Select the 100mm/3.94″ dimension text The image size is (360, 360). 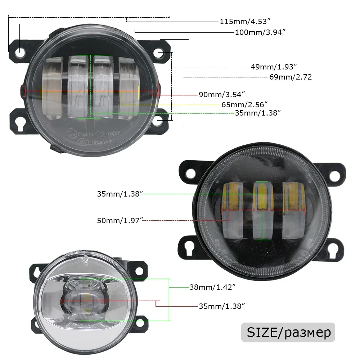point(260,32)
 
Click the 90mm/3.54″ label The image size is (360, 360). point(222,95)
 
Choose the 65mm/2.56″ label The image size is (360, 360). point(244,104)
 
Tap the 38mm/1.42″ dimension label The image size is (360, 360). point(212,287)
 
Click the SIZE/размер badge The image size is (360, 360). point(288,332)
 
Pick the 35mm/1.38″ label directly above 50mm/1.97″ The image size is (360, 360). point(120,194)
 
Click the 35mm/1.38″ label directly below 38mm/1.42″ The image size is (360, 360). point(222,306)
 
